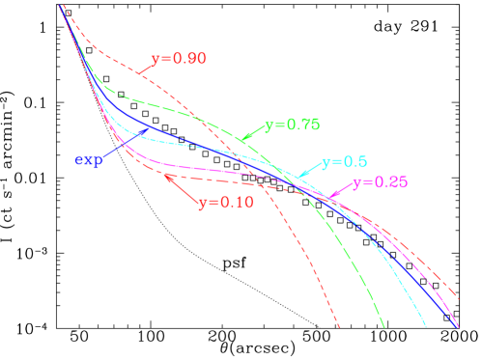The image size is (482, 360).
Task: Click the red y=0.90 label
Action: pyautogui.click(x=178, y=59)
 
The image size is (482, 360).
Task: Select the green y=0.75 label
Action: pyautogui.click(x=292, y=125)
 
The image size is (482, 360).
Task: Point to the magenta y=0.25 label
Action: pyautogui.click(x=380, y=182)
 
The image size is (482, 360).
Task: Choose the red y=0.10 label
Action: pyautogui.click(x=225, y=203)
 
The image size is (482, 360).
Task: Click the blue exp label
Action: pyautogui.click(x=89, y=159)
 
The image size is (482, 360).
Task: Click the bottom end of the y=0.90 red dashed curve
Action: pyautogui.click(x=339, y=327)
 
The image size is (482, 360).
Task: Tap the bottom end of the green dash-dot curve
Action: pyautogui.click(x=384, y=327)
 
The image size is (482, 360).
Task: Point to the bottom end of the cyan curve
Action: pyautogui.click(x=426, y=327)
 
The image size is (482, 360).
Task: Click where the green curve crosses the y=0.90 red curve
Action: pyautogui.click(x=206, y=120)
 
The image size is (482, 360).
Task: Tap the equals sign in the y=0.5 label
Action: pyautogui.click(x=340, y=162)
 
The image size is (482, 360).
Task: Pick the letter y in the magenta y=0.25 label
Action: pyautogui.click(x=357, y=184)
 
